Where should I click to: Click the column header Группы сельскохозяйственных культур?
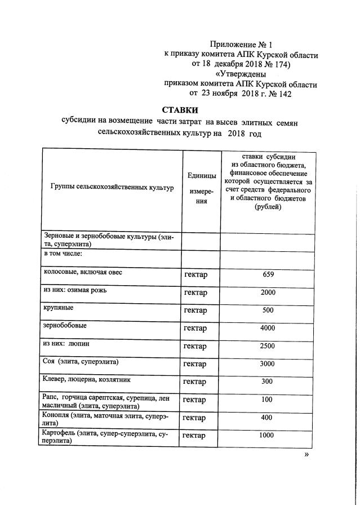(112, 187)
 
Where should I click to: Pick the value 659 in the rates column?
(268, 274)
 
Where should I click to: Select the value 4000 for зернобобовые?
(268, 328)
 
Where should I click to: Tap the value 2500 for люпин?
(268, 345)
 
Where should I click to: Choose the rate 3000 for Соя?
(268, 363)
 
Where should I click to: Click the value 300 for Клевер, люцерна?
(268, 382)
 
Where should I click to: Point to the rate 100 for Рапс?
(268, 400)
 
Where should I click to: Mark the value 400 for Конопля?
(268, 418)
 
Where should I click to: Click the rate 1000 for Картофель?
(268, 436)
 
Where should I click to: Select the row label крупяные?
(59, 308)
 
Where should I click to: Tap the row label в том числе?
(64, 254)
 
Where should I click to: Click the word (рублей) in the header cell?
(268, 207)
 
